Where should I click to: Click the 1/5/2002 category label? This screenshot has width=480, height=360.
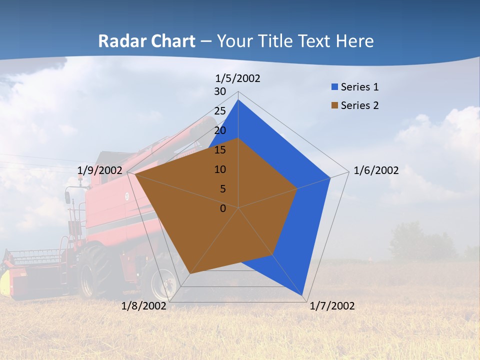click(x=237, y=78)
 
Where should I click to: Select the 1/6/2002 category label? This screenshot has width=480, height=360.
click(x=376, y=170)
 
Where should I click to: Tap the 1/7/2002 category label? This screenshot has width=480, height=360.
click(x=332, y=306)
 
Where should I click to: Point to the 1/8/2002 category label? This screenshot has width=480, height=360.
click(x=143, y=306)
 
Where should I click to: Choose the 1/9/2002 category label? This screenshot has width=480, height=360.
click(x=99, y=170)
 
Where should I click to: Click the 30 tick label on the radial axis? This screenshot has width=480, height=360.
click(x=220, y=91)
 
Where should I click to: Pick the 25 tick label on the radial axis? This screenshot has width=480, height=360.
click(x=220, y=111)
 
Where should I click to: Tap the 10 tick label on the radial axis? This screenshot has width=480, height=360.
click(x=220, y=169)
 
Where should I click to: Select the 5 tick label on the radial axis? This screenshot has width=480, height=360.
click(x=222, y=189)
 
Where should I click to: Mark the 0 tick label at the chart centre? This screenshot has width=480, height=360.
click(x=223, y=208)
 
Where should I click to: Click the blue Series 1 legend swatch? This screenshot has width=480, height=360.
click(x=334, y=87)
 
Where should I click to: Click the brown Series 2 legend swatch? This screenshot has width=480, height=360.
click(x=334, y=105)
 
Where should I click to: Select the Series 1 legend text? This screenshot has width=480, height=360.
click(x=359, y=87)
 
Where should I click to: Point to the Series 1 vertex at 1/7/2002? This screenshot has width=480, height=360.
click(x=302, y=295)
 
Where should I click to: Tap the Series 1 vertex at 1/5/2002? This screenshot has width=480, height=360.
click(x=238, y=100)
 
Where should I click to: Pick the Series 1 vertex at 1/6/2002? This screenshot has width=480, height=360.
click(x=330, y=177)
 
